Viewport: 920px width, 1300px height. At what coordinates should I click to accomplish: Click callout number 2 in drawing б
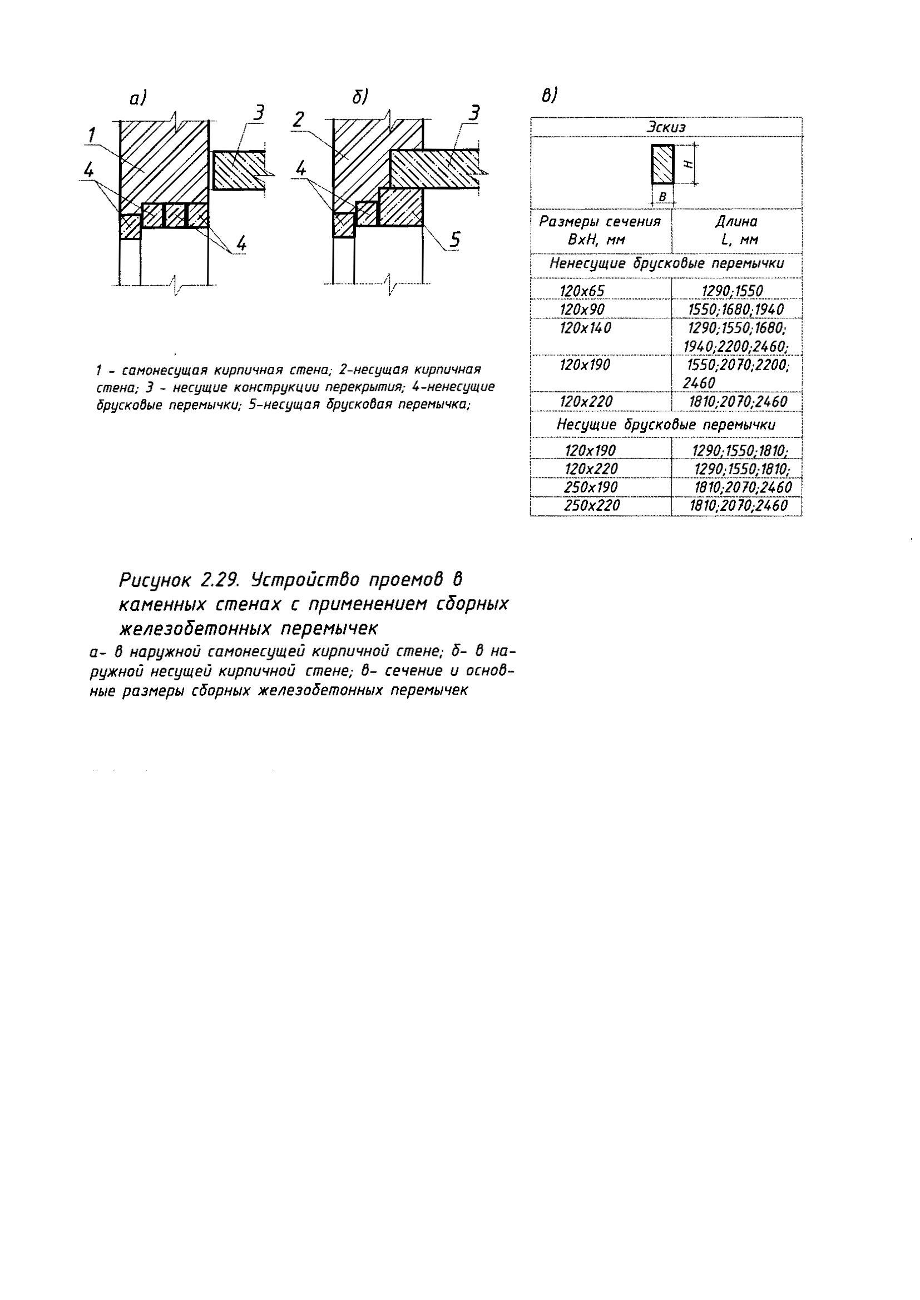299,120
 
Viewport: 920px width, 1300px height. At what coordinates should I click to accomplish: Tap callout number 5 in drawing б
455,240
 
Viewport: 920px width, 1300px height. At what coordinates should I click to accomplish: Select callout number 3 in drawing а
258,113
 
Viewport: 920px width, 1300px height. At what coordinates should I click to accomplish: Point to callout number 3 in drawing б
473,113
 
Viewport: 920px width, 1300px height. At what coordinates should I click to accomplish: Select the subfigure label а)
137,98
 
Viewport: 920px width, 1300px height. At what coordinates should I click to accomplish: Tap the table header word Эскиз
666,127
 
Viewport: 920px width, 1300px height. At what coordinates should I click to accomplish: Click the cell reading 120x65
582,291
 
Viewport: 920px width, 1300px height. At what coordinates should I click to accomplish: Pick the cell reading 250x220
591,505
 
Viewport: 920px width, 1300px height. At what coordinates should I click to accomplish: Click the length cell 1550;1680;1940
736,310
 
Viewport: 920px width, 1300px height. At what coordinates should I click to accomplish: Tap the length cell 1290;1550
733,291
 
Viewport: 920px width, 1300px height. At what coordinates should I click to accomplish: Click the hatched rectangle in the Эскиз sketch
662,164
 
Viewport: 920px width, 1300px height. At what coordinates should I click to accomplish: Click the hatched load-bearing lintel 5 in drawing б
401,208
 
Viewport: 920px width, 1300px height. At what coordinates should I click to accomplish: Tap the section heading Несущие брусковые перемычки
666,425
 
